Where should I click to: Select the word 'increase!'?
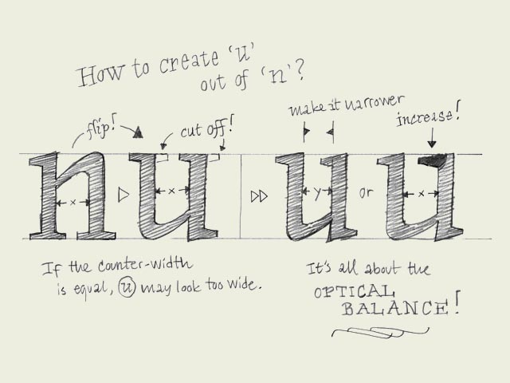[x=429, y=115]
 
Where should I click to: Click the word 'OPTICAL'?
[x=354, y=291]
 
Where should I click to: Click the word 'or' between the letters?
[x=366, y=193]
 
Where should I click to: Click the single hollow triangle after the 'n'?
[x=124, y=195]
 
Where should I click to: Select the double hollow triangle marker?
[x=259, y=196]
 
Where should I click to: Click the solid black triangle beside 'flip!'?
[x=138, y=132]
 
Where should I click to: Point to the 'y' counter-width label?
[x=318, y=192]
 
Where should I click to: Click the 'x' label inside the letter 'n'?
[x=73, y=203]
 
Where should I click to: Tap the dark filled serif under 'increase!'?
[x=432, y=160]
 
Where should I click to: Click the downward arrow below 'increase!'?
[x=432, y=137]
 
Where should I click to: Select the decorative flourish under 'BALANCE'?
[x=380, y=332]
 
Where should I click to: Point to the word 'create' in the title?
[x=190, y=62]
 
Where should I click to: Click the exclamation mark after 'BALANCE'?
[x=457, y=303]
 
